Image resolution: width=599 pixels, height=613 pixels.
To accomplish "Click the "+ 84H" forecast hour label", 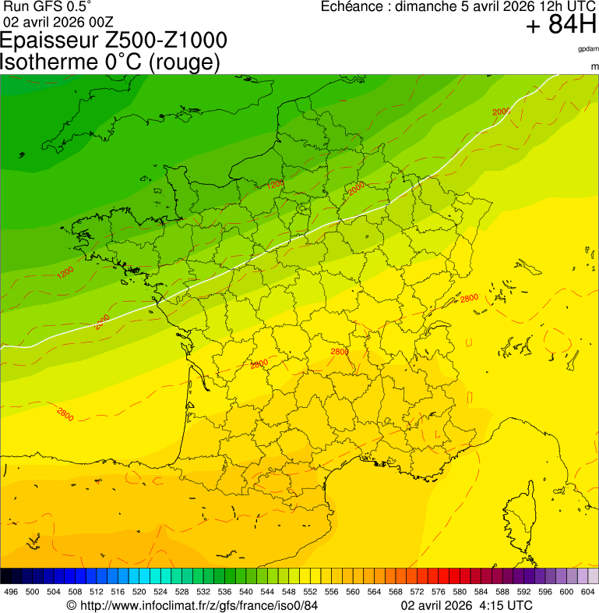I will (x=561, y=26).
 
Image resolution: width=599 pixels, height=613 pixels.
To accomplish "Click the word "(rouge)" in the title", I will (x=183, y=62).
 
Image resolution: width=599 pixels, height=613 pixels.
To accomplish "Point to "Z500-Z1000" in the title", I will (x=172, y=41).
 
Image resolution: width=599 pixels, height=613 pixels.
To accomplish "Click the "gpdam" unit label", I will (x=588, y=49).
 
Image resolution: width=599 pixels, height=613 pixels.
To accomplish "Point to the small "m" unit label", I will (x=594, y=66).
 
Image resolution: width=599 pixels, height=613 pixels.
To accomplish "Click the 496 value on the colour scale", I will (x=11, y=592).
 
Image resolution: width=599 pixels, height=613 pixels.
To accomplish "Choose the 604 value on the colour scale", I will (x=588, y=592).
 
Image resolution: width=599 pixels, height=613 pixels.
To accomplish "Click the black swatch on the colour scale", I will (x=6, y=576).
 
